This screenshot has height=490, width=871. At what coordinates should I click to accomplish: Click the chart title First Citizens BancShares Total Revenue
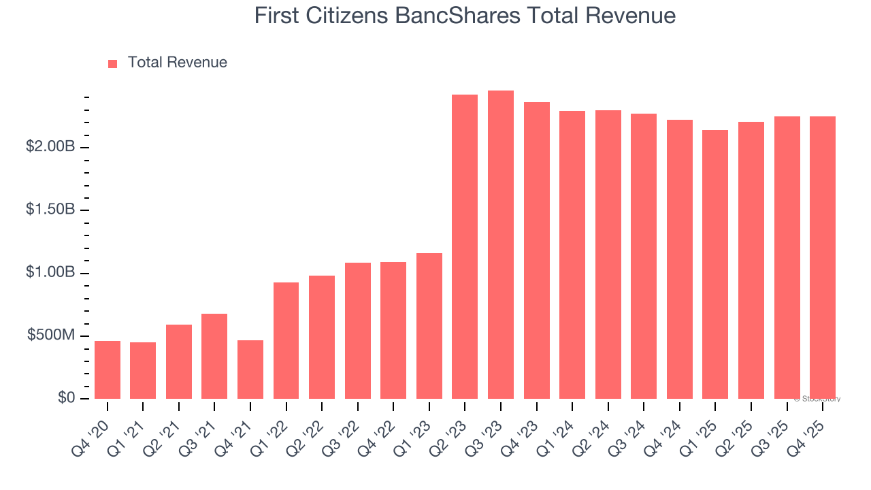pos(465,16)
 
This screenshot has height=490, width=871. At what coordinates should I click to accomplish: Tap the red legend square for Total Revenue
pos(113,63)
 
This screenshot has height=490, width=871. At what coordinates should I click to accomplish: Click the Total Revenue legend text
pos(177,63)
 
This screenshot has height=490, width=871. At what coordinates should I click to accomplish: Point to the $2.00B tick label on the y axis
pos(50,146)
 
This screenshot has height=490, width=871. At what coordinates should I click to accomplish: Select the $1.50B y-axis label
pos(50,209)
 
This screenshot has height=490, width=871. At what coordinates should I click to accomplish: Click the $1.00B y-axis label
pos(50,272)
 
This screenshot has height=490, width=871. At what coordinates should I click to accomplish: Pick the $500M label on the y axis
pos(51,335)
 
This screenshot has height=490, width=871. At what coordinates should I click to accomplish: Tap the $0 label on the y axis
pos(65,397)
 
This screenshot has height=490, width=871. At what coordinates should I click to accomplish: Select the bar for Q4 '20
pos(108,370)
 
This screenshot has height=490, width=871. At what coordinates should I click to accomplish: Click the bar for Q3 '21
pos(214,356)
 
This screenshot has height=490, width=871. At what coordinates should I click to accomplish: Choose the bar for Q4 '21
pos(250,369)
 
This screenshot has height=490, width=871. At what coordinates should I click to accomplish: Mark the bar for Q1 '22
pos(286,340)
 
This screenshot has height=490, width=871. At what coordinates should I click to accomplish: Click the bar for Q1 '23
pos(429,326)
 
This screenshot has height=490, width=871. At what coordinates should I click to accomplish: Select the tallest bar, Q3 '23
pos(501,245)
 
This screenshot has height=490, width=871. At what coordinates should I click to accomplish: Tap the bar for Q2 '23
pos(465,246)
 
